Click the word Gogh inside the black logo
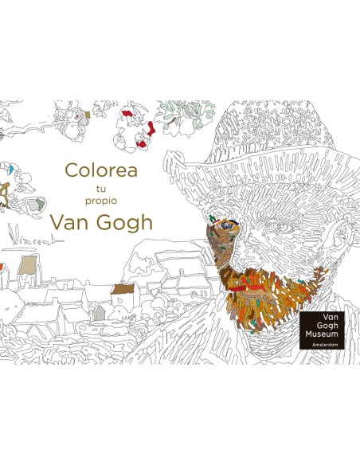323,315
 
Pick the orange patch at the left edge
2,266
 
